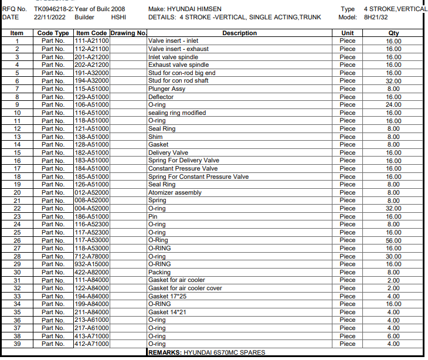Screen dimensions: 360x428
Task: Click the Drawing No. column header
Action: pyautogui.click(x=128, y=33)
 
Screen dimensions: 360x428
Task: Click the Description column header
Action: pyautogui.click(x=240, y=33)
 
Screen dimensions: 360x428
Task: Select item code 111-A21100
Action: pyautogui.click(x=91, y=41)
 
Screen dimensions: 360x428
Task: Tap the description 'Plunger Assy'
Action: pyautogui.click(x=167, y=89)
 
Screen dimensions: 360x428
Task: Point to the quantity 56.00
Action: pyautogui.click(x=393, y=240)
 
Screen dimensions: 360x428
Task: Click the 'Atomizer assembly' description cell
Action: pyautogui.click(x=175, y=192)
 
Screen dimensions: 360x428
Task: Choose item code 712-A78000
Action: pyautogui.click(x=91, y=256)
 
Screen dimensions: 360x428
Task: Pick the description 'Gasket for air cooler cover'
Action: pyautogui.click(x=185, y=288)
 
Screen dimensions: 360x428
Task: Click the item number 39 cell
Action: pyautogui.click(x=17, y=344)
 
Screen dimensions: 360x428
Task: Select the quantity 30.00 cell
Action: pyautogui.click(x=393, y=256)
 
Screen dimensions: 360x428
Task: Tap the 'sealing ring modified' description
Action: pyautogui.click(x=177, y=113)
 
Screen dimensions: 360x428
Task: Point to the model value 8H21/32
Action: pyautogui.click(x=376, y=18)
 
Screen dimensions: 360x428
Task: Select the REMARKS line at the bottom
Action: pyautogui.click(x=206, y=352)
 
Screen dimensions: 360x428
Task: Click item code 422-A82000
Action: pyautogui.click(x=91, y=272)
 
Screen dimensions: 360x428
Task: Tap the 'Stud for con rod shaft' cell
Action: pyautogui.click(x=178, y=81)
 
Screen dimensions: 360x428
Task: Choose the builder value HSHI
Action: pyautogui.click(x=119, y=18)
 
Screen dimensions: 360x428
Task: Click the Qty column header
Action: pyautogui.click(x=393, y=33)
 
